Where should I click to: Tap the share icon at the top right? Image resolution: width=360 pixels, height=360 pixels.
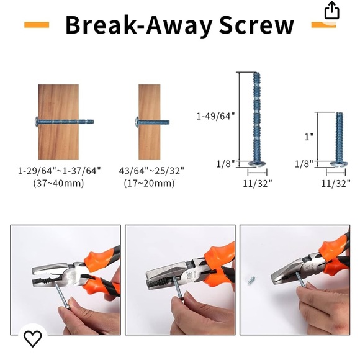[x=331, y=11]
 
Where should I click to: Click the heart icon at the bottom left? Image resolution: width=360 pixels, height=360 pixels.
[x=33, y=338]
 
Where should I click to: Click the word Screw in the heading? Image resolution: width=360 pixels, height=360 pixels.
[x=256, y=25]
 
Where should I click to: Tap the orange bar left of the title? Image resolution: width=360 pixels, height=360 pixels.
[x=37, y=25]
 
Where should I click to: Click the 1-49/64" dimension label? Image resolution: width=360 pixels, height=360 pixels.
[x=215, y=116]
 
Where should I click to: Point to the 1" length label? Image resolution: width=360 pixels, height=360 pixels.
[x=309, y=137]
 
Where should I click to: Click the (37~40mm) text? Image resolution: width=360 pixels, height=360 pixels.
[x=58, y=183]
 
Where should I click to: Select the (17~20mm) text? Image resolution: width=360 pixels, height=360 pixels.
[x=149, y=183]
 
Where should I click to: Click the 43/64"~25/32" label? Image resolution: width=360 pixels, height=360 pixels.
[x=151, y=171]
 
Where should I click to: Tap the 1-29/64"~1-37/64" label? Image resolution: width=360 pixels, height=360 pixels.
[x=60, y=171]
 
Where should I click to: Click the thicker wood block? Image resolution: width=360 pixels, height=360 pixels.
[x=58, y=122]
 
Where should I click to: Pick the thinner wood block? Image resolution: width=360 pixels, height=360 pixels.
[x=149, y=122]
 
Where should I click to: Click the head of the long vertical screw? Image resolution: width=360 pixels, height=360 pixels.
[x=257, y=164]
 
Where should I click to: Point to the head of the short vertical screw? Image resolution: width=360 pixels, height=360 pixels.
[x=339, y=164]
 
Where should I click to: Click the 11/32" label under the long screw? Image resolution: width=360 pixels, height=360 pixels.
[x=258, y=184]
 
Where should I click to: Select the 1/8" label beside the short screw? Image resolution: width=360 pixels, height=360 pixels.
[x=304, y=164]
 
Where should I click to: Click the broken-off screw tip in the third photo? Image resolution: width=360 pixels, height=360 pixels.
[x=251, y=280]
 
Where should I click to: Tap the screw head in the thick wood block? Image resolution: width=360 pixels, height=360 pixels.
[x=37, y=122]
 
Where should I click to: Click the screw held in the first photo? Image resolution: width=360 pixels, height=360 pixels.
[x=62, y=295]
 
